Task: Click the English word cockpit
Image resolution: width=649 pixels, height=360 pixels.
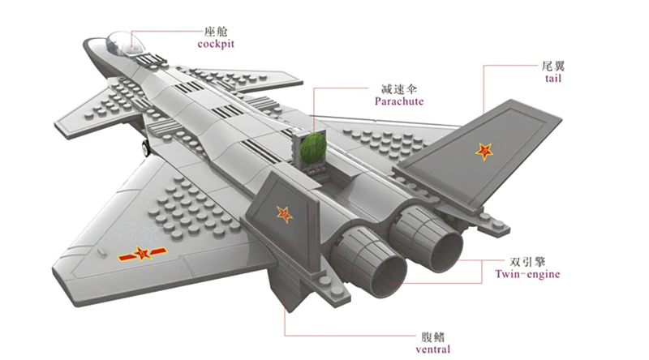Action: click(x=216, y=44)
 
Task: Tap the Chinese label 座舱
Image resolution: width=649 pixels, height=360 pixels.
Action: click(x=216, y=32)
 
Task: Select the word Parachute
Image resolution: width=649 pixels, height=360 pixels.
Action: click(x=399, y=101)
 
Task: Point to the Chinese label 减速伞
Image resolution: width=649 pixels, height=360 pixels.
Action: click(x=399, y=89)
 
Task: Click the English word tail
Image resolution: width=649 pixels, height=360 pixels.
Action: click(x=553, y=78)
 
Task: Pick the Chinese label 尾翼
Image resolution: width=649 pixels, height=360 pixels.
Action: click(x=553, y=66)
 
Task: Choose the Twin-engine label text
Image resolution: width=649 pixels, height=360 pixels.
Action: click(x=527, y=274)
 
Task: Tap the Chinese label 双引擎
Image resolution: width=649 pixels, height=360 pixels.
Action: click(x=527, y=262)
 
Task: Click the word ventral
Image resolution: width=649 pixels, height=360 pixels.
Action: click(x=433, y=349)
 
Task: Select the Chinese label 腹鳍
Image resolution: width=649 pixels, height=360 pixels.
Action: click(x=433, y=336)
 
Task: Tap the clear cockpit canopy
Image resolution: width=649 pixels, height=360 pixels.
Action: click(x=125, y=44)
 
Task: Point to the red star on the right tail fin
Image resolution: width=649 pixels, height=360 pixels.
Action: click(x=484, y=152)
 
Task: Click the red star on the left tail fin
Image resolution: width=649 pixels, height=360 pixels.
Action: click(x=285, y=214)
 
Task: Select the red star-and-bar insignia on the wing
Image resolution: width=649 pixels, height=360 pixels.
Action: click(x=143, y=253)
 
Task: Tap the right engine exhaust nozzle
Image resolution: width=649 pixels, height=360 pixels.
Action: click(x=428, y=238)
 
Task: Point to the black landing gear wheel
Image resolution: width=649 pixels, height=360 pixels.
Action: click(x=146, y=148)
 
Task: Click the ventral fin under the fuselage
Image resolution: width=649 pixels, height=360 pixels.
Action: click(x=288, y=288)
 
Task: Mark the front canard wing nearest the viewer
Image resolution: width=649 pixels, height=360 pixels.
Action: click(x=99, y=113)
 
